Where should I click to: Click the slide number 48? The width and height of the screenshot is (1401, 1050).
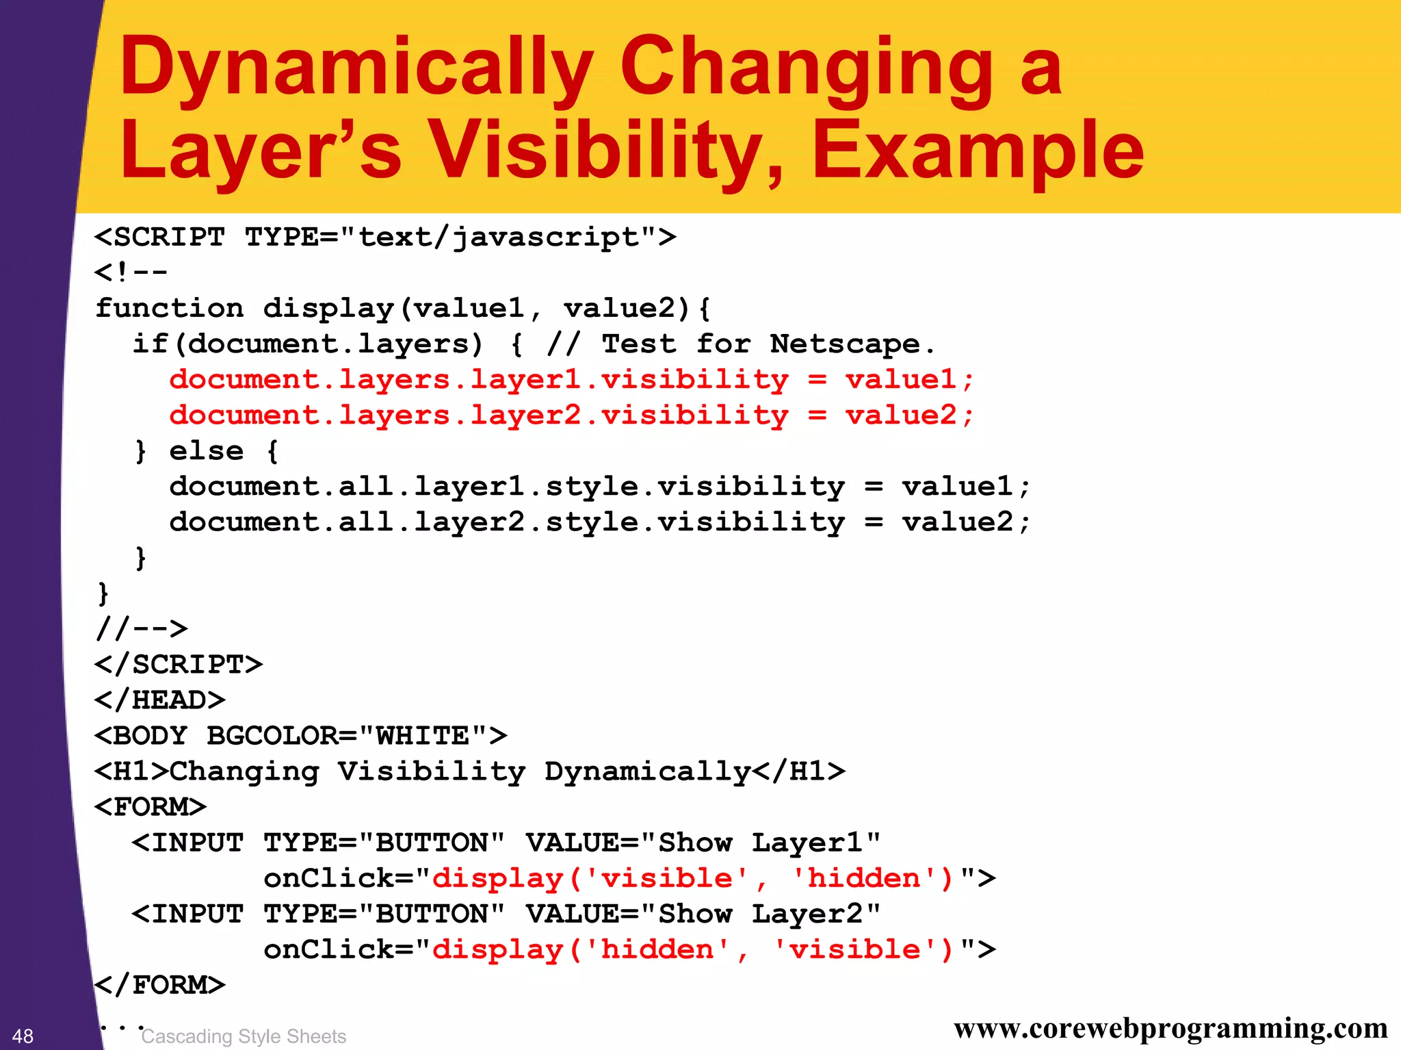pyautogui.click(x=23, y=1036)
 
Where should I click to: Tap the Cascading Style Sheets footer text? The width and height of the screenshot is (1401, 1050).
pyautogui.click(x=244, y=1036)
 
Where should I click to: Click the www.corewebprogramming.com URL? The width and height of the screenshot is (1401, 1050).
pyautogui.click(x=1170, y=1028)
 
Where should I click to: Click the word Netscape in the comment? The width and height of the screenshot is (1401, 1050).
pyautogui.click(x=845, y=344)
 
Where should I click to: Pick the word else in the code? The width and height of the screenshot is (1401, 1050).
pyautogui.click(x=206, y=450)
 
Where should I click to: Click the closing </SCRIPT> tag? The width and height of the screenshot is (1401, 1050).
pyautogui.click(x=179, y=664)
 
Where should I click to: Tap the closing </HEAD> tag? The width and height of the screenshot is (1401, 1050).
pyautogui.click(x=160, y=700)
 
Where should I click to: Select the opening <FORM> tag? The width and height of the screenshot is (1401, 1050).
pyautogui.click(x=150, y=806)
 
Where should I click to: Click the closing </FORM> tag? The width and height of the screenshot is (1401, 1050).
pyautogui.click(x=160, y=984)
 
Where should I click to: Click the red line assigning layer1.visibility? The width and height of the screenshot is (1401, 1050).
pyautogui.click(x=571, y=379)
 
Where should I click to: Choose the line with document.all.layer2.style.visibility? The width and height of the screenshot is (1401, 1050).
pyautogui.click(x=599, y=522)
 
